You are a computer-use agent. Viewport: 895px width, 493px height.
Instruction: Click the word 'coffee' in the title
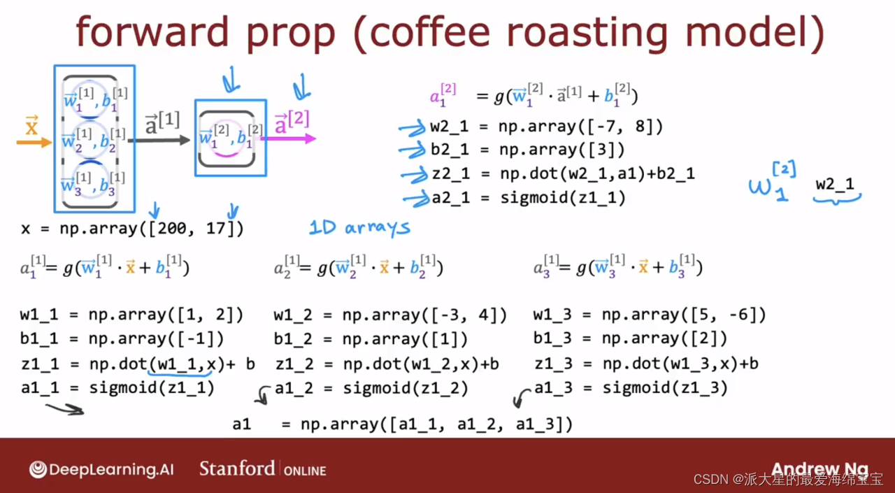click(430, 32)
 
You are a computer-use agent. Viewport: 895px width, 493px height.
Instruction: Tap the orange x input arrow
click(34, 142)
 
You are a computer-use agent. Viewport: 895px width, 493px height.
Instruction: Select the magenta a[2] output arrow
click(288, 138)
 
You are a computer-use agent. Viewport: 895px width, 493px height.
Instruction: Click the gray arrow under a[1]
click(159, 141)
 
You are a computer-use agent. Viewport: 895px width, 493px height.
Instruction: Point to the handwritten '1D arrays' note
click(359, 228)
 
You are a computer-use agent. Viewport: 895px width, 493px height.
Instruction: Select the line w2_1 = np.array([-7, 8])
click(546, 127)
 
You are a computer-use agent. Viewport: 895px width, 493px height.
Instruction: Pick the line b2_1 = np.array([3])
click(527, 150)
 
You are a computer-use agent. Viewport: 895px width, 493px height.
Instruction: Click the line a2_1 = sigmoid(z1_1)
click(529, 198)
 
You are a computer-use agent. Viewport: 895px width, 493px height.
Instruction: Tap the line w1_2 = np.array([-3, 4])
click(390, 315)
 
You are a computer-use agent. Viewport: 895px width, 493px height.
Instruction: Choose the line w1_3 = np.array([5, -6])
click(650, 315)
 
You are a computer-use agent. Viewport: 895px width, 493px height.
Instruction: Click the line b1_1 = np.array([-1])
click(122, 338)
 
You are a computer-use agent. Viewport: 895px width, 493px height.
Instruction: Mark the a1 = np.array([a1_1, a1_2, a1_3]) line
click(402, 424)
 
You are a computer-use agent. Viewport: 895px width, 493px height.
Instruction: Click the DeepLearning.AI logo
click(101, 469)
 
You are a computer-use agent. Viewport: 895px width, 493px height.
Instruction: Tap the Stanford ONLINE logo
click(262, 469)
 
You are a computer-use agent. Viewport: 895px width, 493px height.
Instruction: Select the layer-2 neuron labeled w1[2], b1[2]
click(227, 138)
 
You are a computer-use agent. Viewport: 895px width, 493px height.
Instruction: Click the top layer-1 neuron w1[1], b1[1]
click(91, 99)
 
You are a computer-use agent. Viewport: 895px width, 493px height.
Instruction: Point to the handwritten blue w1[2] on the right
click(773, 182)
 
